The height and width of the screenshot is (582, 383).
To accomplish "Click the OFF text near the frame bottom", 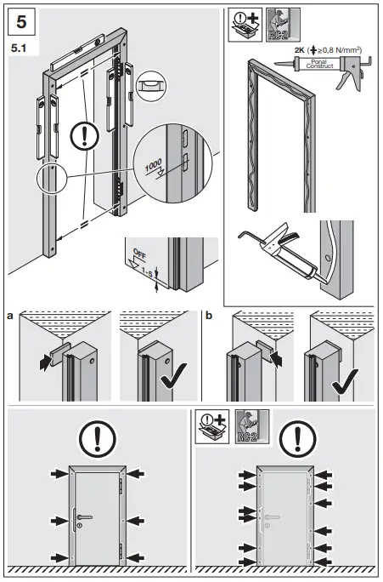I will pos(140,253).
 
